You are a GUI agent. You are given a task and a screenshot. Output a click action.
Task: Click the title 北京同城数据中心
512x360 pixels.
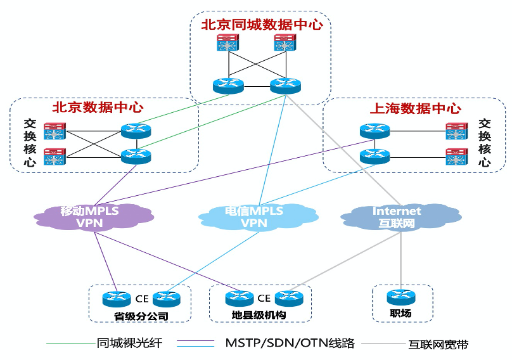pyautogui.click(x=262, y=25)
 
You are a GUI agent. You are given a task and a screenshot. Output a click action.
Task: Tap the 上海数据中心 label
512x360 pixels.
pyautogui.click(x=415, y=108)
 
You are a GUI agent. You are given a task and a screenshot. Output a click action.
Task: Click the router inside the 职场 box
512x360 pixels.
pyautogui.click(x=400, y=297)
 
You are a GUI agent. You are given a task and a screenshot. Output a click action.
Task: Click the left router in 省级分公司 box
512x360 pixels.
pyautogui.click(x=115, y=298)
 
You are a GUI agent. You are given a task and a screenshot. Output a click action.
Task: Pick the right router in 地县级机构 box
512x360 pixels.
pyautogui.click(x=289, y=298)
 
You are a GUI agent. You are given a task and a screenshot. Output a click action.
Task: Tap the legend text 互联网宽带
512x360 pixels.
pyautogui.click(x=438, y=345)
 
